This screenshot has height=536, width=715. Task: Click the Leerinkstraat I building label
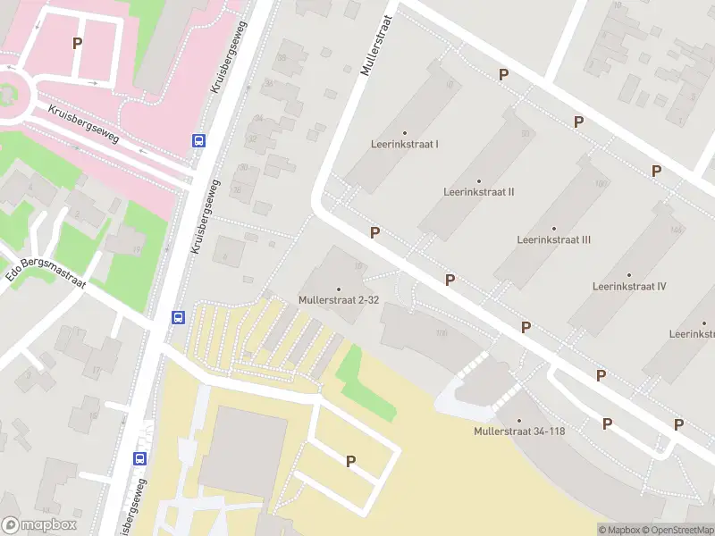[405, 144]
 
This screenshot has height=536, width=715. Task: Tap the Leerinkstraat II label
[478, 191]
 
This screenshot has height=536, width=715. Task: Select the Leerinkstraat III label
[553, 239]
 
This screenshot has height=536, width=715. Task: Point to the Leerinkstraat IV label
[629, 286]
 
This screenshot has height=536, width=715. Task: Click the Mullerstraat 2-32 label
[339, 300]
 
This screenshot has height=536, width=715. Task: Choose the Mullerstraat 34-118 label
[518, 431]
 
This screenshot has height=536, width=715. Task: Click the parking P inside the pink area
[78, 42]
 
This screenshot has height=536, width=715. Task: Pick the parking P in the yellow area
[350, 461]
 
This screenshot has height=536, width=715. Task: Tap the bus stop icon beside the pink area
[198, 139]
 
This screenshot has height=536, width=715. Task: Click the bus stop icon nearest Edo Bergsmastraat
[178, 317]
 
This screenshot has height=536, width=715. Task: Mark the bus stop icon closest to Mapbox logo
[140, 457]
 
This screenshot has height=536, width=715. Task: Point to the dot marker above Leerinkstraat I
[405, 132]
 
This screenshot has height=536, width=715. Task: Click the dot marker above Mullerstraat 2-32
[339, 289]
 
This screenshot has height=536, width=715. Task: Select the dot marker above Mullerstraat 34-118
[518, 420]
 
